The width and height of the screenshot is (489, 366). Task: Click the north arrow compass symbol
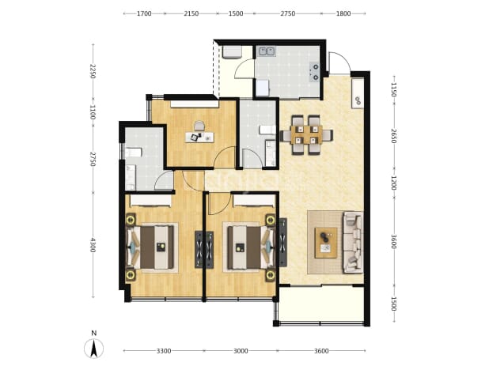(x=93, y=349)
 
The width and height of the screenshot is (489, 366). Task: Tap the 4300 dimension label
(x=93, y=245)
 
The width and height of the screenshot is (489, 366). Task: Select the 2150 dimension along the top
(x=191, y=13)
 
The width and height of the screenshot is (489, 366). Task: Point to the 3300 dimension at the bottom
(x=164, y=351)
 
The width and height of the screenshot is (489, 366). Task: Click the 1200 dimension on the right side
(x=393, y=183)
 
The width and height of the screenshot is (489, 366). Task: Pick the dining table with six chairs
(x=306, y=135)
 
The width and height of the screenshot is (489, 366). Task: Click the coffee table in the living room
(x=326, y=243)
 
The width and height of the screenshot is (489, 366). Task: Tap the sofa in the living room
(x=353, y=243)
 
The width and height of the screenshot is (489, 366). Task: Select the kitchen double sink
(x=266, y=51)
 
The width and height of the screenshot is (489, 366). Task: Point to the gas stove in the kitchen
(x=315, y=71)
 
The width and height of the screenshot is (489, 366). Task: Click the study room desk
(x=199, y=137)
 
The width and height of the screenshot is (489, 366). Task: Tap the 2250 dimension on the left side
(x=93, y=71)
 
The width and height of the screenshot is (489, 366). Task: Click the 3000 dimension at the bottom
(x=241, y=351)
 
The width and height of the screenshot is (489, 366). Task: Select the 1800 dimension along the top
(x=343, y=13)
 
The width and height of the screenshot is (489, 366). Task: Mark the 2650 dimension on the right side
(x=393, y=136)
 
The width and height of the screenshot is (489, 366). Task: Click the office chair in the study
(x=199, y=126)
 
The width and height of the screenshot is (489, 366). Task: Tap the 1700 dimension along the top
(x=144, y=13)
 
